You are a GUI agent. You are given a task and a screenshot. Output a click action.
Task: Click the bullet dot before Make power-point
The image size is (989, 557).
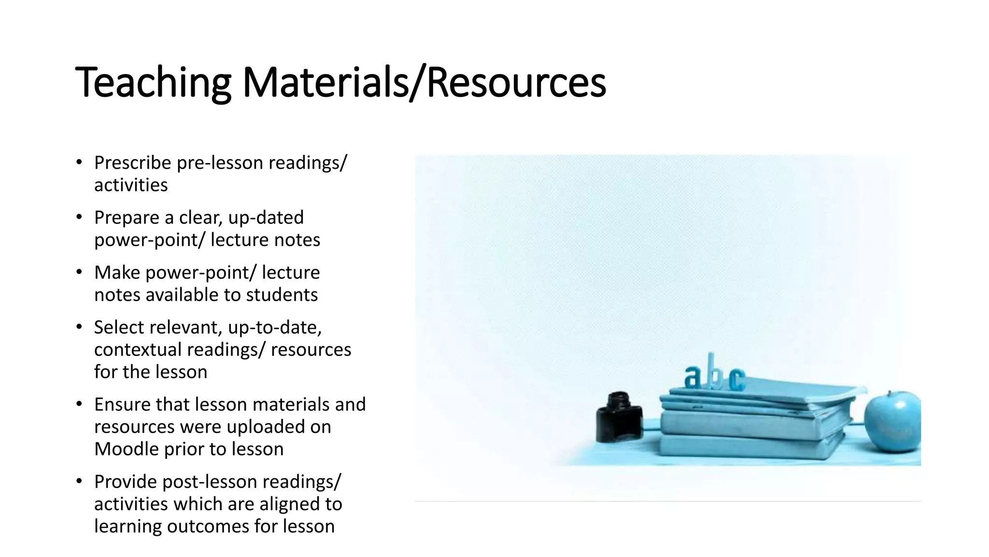[79, 272]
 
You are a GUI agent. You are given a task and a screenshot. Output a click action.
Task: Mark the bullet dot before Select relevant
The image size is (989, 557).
[79, 327]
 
